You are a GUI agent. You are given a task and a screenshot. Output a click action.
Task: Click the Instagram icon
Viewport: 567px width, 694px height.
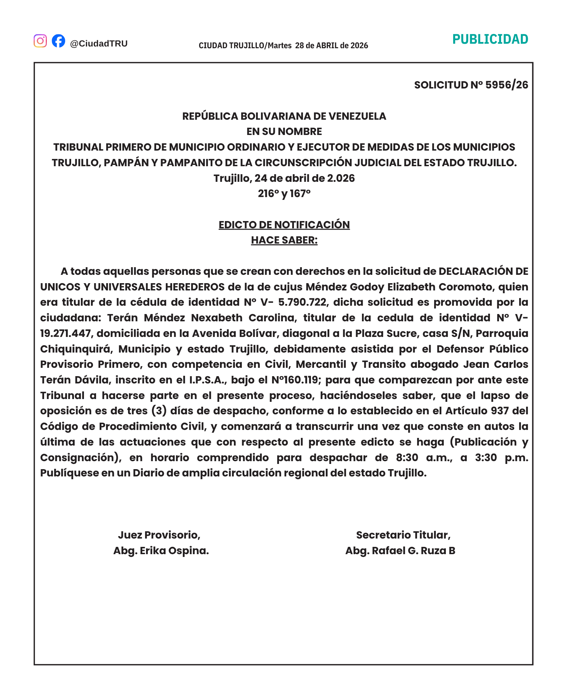pyautogui.click(x=40, y=41)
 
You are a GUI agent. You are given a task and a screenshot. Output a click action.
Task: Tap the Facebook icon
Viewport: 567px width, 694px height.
pyautogui.click(x=58, y=41)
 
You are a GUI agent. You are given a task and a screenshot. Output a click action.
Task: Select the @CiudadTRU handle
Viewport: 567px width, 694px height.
pyautogui.click(x=99, y=44)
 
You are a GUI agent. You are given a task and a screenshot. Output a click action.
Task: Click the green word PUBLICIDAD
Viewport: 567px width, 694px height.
pyautogui.click(x=490, y=40)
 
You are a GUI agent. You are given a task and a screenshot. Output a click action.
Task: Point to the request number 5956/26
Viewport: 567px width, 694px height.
pyautogui.click(x=506, y=85)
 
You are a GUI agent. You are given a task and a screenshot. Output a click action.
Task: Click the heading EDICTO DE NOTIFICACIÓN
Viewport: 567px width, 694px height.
pyautogui.click(x=284, y=225)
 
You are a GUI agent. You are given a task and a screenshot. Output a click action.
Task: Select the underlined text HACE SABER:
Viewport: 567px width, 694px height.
pyautogui.click(x=284, y=240)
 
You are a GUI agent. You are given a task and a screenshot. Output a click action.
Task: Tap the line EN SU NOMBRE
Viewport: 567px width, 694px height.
pyautogui.click(x=284, y=132)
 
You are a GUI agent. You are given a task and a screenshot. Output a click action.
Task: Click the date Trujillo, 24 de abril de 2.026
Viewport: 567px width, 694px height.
pyautogui.click(x=284, y=178)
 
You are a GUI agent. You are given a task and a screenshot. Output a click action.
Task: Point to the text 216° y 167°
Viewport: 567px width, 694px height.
pyautogui.click(x=284, y=194)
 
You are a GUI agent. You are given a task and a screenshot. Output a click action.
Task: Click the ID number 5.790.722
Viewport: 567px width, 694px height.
pyautogui.click(x=302, y=303)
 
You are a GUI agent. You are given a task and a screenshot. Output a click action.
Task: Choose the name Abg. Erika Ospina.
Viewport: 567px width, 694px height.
pyautogui.click(x=161, y=551)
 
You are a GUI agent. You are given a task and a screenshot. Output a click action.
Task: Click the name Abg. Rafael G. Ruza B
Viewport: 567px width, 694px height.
pyautogui.click(x=400, y=551)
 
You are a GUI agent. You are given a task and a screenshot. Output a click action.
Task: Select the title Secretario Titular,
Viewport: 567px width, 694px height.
pyautogui.click(x=403, y=535)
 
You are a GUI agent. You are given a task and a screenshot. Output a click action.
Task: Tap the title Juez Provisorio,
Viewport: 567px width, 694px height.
pyautogui.click(x=159, y=535)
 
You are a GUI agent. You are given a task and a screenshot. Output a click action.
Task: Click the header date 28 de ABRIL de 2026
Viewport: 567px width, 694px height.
pyautogui.click(x=331, y=45)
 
